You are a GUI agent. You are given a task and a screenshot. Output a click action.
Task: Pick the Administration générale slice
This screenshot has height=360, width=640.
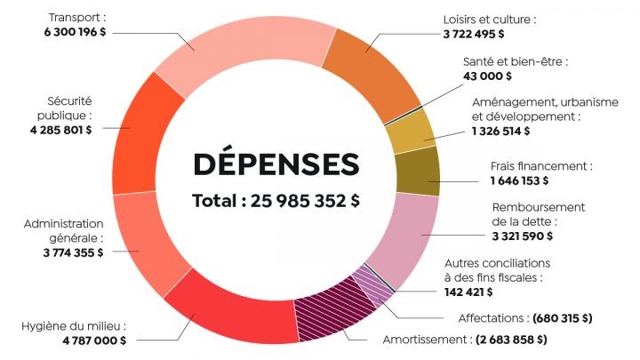point(142,240)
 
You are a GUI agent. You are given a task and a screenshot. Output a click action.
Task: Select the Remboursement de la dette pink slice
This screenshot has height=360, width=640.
point(404,236)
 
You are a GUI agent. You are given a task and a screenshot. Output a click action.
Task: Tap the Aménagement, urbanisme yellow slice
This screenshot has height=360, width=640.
point(409,131)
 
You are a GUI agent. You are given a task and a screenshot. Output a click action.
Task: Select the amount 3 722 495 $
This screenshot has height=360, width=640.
point(474,34)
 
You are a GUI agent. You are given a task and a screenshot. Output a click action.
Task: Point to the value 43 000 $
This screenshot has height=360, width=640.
point(488,76)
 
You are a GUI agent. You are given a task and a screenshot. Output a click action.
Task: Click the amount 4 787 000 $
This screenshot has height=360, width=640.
point(94,340)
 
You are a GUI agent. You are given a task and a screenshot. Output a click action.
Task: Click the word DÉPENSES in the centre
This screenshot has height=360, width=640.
point(276,164)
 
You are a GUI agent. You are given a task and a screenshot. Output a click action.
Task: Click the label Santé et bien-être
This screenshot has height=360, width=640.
point(515,61)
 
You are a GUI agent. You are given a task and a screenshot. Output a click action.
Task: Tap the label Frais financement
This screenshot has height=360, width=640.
point(540,165)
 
